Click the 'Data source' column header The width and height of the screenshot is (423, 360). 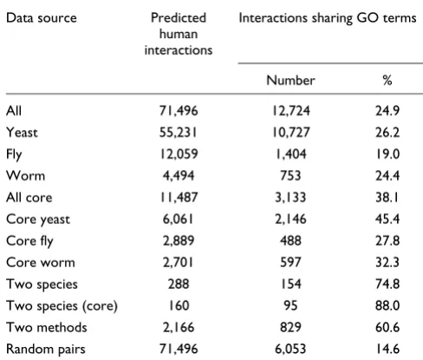[42, 18]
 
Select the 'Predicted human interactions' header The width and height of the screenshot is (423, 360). [179, 34]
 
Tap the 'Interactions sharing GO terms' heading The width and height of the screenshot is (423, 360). [328, 18]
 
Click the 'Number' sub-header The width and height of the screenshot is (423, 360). [290, 80]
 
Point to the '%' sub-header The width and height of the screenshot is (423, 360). [387, 80]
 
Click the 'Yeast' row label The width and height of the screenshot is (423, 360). [22, 133]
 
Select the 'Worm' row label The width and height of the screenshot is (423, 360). [26, 175]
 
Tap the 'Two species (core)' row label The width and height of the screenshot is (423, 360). [62, 306]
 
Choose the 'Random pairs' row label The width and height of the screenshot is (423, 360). [46, 349]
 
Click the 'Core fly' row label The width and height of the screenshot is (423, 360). [29, 241]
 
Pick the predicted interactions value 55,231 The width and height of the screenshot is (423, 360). [179, 133]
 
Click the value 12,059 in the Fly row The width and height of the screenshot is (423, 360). [179, 154]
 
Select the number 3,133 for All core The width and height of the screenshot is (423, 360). [290, 197]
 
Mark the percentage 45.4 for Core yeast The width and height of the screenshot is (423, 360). [387, 219]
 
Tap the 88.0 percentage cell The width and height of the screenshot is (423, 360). [387, 305]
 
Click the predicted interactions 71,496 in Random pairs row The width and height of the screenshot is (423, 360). [179, 349]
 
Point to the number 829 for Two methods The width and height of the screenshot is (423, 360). [290, 327]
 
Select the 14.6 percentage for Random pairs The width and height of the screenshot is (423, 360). [388, 349]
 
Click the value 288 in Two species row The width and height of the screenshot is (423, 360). [179, 284]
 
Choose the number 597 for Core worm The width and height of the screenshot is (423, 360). [290, 262]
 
